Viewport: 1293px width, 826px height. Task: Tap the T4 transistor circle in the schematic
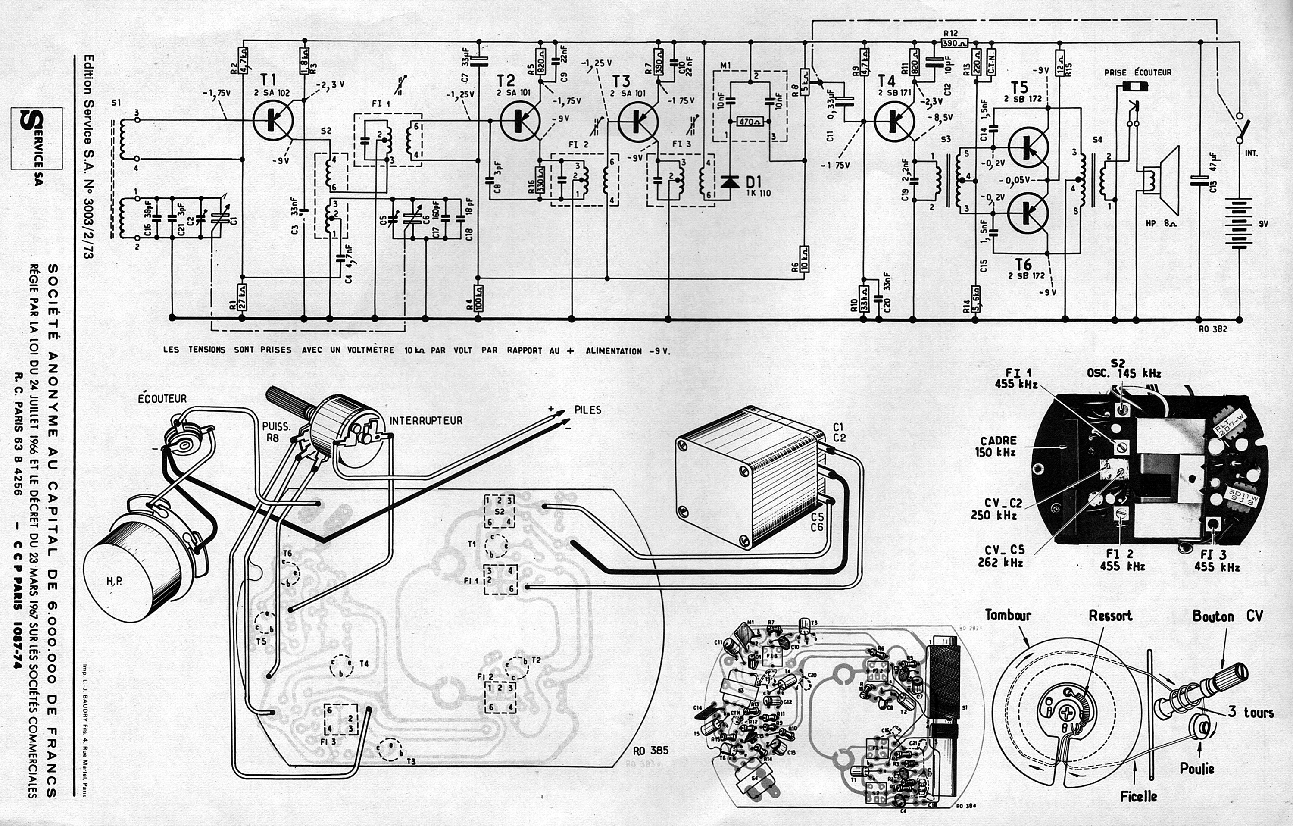point(895,120)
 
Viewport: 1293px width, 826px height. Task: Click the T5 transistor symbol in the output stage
point(1028,145)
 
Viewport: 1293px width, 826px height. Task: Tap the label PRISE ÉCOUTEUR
point(1138,72)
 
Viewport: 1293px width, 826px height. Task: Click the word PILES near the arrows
point(587,410)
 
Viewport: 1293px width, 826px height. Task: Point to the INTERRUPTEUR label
point(426,420)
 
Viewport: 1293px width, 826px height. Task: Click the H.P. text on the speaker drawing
point(114,581)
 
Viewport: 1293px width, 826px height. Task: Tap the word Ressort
point(1110,616)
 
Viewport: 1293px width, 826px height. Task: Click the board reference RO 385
point(651,750)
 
